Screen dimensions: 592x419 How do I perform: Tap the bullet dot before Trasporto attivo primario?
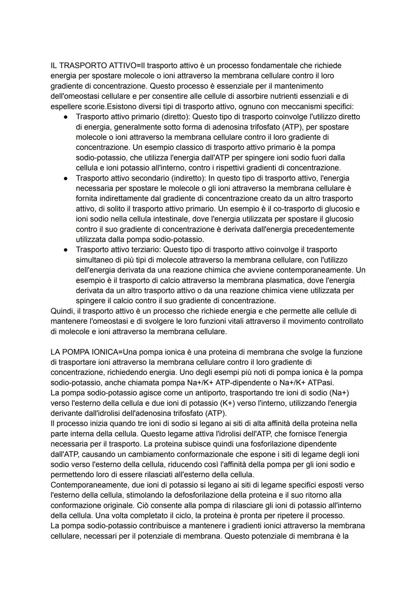pos(66,117)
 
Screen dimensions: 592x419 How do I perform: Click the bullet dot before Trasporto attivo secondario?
pos(66,178)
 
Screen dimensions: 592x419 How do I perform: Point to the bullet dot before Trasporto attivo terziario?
pos(66,250)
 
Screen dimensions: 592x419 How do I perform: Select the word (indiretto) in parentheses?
pos(187,178)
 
